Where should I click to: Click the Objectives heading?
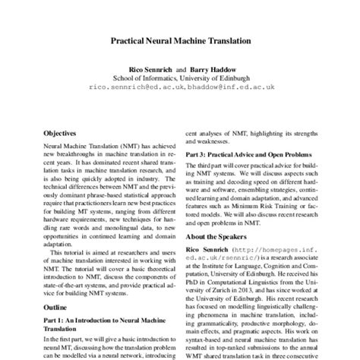[60, 131]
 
